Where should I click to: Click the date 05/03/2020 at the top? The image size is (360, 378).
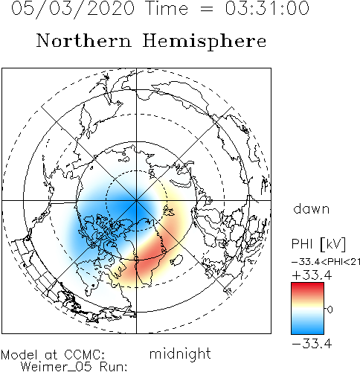coord(73,9)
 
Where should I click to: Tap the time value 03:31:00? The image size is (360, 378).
coord(267,8)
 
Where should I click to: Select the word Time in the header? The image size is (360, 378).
coord(167,8)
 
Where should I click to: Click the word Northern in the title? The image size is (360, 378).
coord(83,41)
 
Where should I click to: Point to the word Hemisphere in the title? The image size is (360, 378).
coord(205,42)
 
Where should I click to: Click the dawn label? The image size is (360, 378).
coord(312,209)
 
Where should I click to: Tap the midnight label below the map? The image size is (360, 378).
coord(180,353)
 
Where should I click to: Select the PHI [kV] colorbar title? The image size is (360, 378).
coord(318,244)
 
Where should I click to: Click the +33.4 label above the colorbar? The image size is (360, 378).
coord(312,275)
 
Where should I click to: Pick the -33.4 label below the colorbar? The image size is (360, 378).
coord(312,344)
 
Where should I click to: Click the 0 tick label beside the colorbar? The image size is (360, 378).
coord(330,310)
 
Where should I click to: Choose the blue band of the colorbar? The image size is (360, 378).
coord(307,327)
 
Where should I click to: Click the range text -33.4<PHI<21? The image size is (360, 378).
coord(326,262)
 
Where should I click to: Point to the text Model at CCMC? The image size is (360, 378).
coord(53,355)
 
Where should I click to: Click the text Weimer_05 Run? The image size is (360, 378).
coord(74,367)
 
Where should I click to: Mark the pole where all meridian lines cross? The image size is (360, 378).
coord(136,200)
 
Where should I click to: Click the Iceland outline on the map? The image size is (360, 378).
coord(176,260)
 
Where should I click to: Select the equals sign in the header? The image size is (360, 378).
coord(206,10)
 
